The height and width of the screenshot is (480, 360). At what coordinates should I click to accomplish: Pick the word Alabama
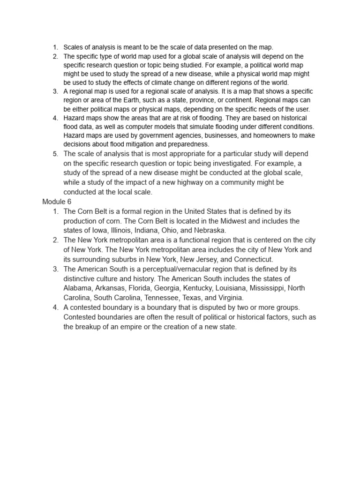tap(78, 288)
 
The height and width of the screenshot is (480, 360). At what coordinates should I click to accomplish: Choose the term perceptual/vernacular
tap(176, 269)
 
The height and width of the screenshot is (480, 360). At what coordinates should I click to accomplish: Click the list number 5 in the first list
tap(55, 154)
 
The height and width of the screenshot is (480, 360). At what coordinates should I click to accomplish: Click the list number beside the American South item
tap(55, 269)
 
